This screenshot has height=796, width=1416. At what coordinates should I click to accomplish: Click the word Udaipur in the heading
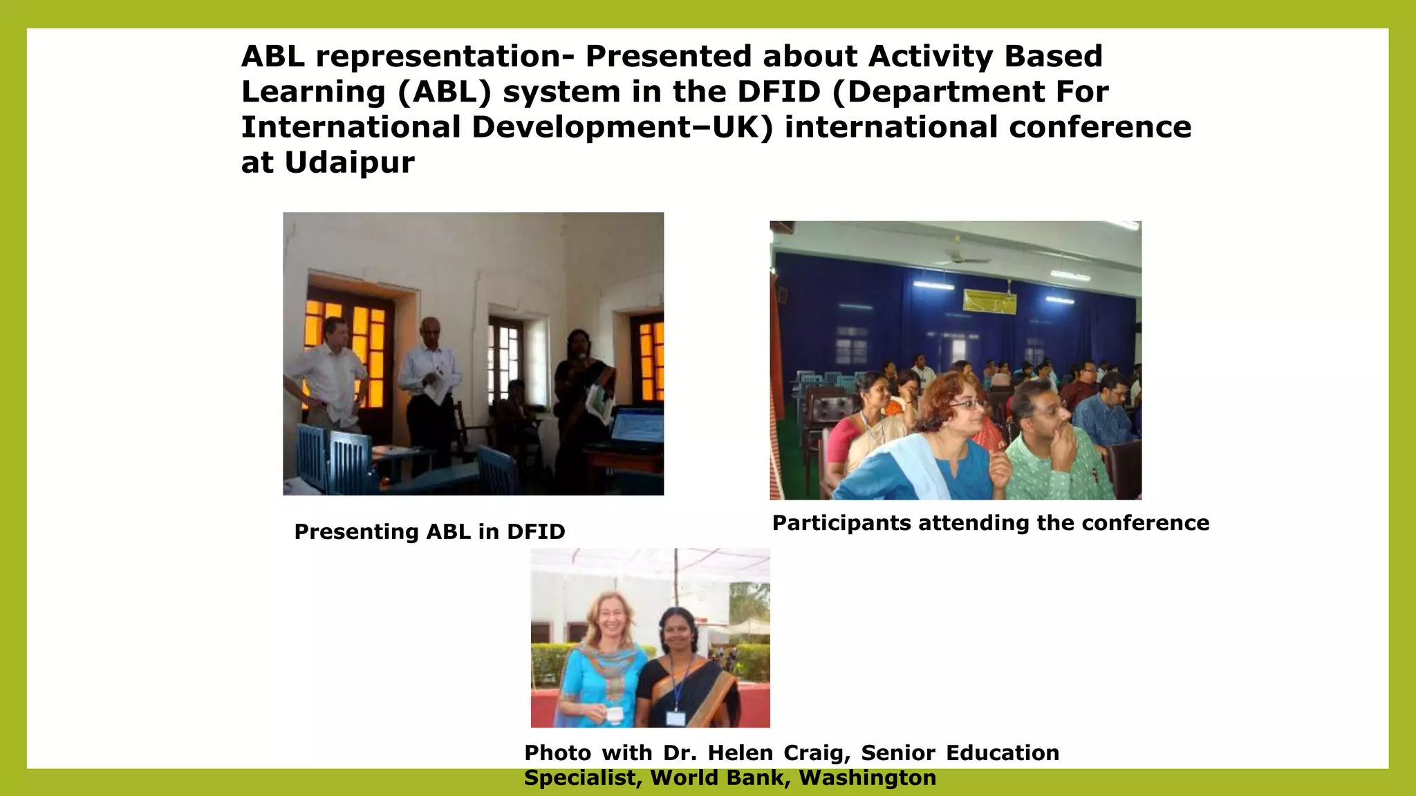tap(349, 163)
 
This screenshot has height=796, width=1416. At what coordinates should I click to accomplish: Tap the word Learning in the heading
tap(313, 92)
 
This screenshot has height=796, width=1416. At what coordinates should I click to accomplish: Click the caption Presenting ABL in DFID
tap(429, 531)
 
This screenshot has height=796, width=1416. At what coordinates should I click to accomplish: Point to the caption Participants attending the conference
tap(990, 523)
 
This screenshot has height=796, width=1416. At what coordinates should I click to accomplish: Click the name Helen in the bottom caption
tap(740, 752)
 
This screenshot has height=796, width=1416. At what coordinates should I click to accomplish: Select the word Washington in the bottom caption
tap(867, 778)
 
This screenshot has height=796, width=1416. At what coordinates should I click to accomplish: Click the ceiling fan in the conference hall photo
tap(960, 257)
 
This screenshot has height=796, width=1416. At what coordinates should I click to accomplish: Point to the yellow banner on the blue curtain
tap(989, 301)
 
